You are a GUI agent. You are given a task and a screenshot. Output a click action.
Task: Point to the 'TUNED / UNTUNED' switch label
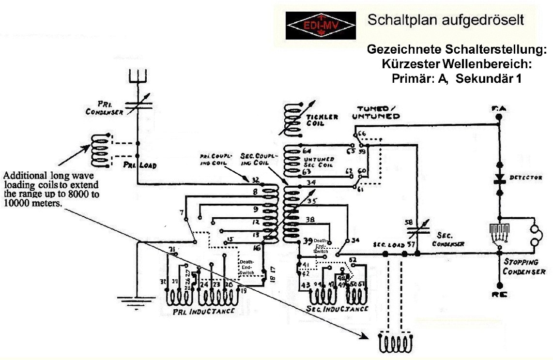click(x=379, y=112)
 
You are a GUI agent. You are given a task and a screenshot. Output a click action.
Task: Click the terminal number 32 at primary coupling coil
click(x=255, y=179)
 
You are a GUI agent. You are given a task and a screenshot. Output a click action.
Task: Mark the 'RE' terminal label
click(x=499, y=294)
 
